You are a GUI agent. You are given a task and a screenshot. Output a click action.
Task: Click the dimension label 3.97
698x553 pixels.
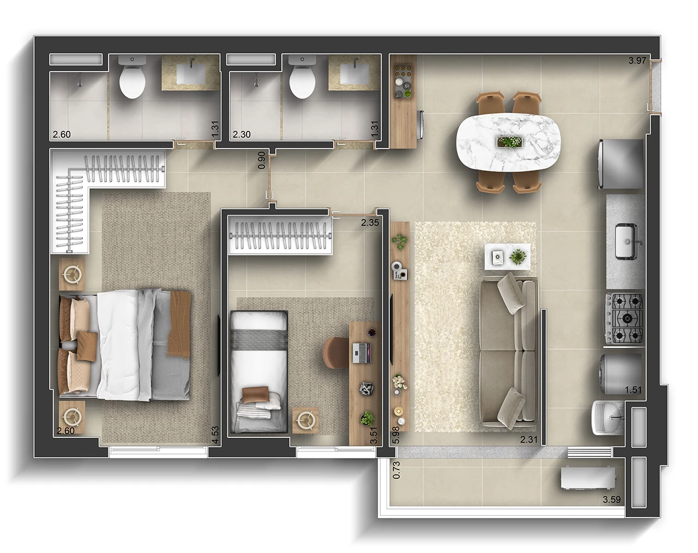coord(637,61)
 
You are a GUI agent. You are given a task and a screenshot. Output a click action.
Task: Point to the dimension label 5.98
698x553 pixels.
coord(396,434)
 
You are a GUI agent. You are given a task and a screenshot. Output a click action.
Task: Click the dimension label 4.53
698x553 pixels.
coord(215,434)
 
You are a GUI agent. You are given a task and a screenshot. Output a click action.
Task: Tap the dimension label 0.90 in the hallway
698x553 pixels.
coord(262,159)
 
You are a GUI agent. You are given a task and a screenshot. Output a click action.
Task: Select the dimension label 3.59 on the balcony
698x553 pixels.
coord(612,498)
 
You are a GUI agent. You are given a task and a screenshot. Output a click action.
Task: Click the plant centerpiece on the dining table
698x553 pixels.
coord(509,142)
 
